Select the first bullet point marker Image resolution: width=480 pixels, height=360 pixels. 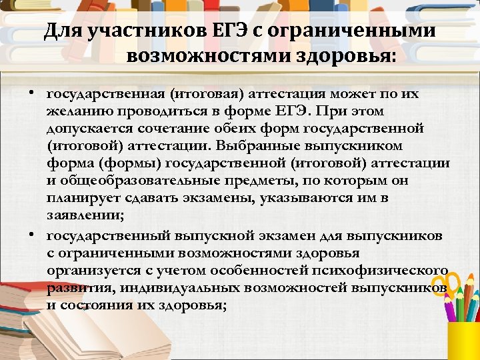(x=31, y=93)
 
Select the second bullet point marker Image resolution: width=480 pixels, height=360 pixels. (x=31, y=235)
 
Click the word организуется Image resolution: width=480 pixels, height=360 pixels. (x=89, y=269)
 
